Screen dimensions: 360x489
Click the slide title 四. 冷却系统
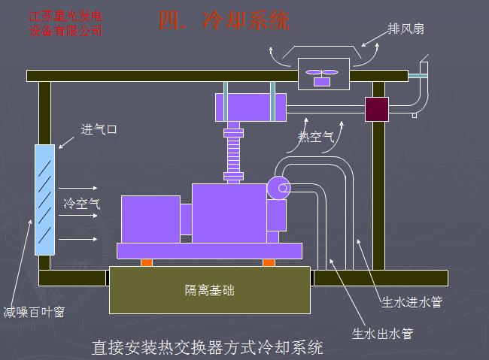[x=223, y=20]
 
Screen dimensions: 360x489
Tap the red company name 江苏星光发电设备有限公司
[x=66, y=23]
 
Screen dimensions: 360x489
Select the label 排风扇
[x=405, y=29]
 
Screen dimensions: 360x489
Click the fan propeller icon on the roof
[x=321, y=74]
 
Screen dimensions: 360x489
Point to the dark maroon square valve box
[x=376, y=109]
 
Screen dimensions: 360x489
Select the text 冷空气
[x=81, y=203]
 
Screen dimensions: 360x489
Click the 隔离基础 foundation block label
[x=210, y=289]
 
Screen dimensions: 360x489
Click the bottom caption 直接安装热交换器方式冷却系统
[x=207, y=348]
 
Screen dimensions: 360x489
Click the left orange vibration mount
[x=146, y=262]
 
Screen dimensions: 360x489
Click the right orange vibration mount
[x=269, y=262]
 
